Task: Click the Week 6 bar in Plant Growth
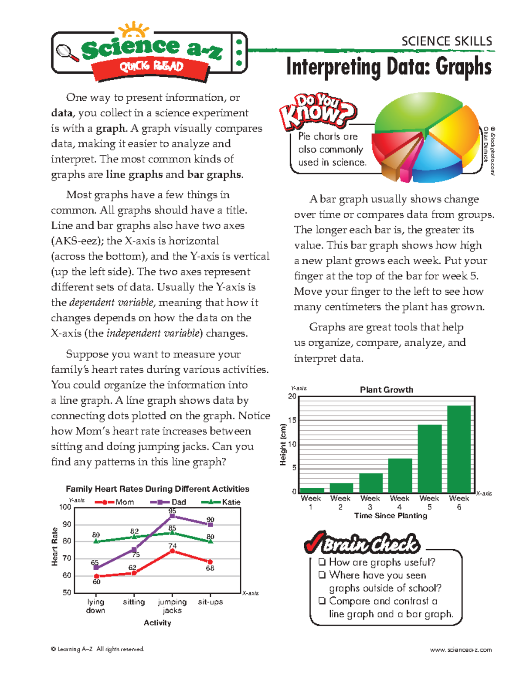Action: (459, 449)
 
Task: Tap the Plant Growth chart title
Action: (386, 390)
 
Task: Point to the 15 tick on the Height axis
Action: (292, 420)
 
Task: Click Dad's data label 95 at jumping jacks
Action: (172, 511)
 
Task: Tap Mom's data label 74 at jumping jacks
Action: (173, 546)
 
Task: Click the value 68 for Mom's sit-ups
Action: (210, 568)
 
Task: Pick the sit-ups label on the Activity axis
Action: (210, 602)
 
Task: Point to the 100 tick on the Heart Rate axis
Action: (65, 507)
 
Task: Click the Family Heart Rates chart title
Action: (157, 489)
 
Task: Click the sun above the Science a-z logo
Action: (134, 31)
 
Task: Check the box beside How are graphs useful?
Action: (322, 562)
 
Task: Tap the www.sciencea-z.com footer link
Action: (461, 650)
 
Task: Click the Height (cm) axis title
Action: (283, 444)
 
